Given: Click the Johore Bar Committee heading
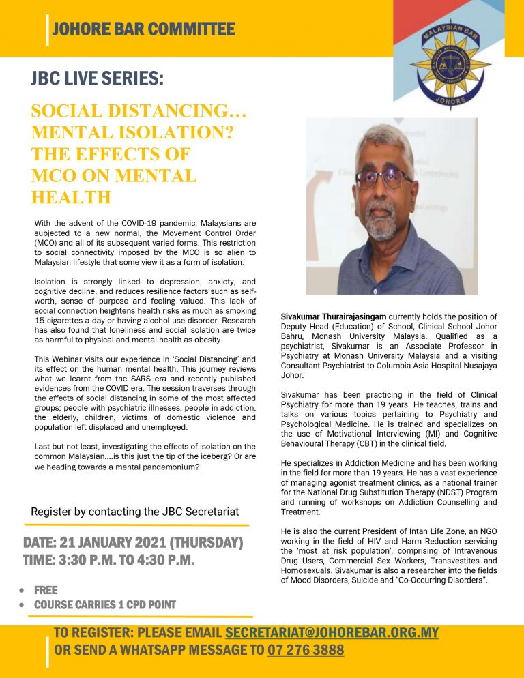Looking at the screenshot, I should [x=143, y=29].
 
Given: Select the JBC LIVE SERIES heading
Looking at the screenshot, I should [x=98, y=79].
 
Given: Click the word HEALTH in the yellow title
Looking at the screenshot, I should [x=71, y=197].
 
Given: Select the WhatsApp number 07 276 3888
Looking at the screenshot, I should [x=306, y=650].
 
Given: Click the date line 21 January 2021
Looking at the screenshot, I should [x=133, y=543].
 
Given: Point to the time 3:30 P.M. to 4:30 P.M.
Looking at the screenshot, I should [x=109, y=560].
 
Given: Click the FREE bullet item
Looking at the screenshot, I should [x=46, y=590].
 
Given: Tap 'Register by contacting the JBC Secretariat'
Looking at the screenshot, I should [x=135, y=512].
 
